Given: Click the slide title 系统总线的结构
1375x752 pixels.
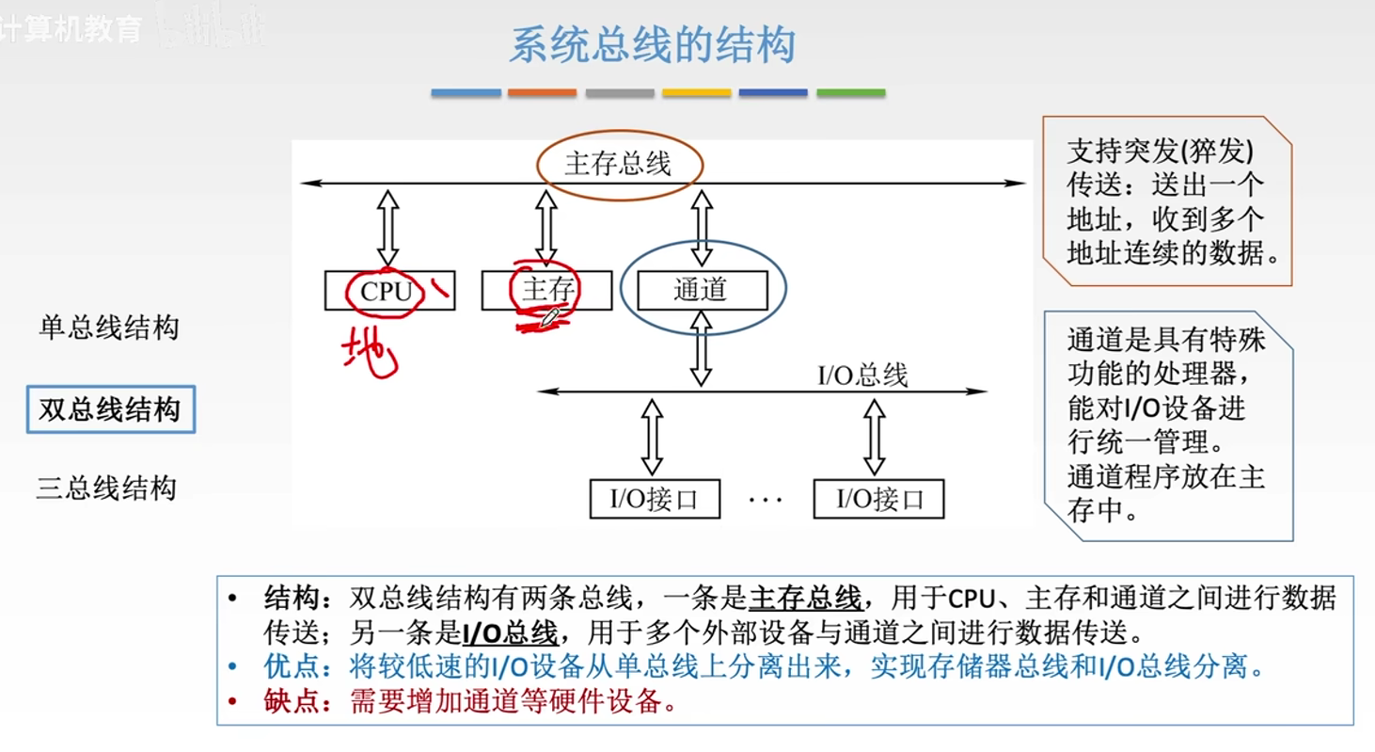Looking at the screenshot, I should (x=652, y=46).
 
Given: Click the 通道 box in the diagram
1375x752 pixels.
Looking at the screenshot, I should (x=701, y=290).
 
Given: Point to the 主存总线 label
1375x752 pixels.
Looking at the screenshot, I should (x=618, y=165).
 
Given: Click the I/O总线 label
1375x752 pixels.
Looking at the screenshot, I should (x=861, y=376).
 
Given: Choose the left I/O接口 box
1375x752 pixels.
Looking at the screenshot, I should (x=655, y=499).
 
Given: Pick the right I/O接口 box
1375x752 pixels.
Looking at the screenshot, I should (x=878, y=499).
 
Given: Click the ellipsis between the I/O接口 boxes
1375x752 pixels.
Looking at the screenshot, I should (x=766, y=500).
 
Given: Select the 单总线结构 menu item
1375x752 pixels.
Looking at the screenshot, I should (x=109, y=328).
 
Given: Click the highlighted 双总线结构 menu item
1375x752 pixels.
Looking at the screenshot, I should (x=110, y=409).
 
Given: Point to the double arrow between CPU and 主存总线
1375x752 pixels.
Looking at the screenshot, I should (x=387, y=227).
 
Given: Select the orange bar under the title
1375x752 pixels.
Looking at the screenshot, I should (x=542, y=93).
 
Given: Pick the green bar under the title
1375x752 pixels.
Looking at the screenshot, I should (x=850, y=93).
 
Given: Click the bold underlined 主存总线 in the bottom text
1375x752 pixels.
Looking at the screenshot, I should (x=806, y=598).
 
